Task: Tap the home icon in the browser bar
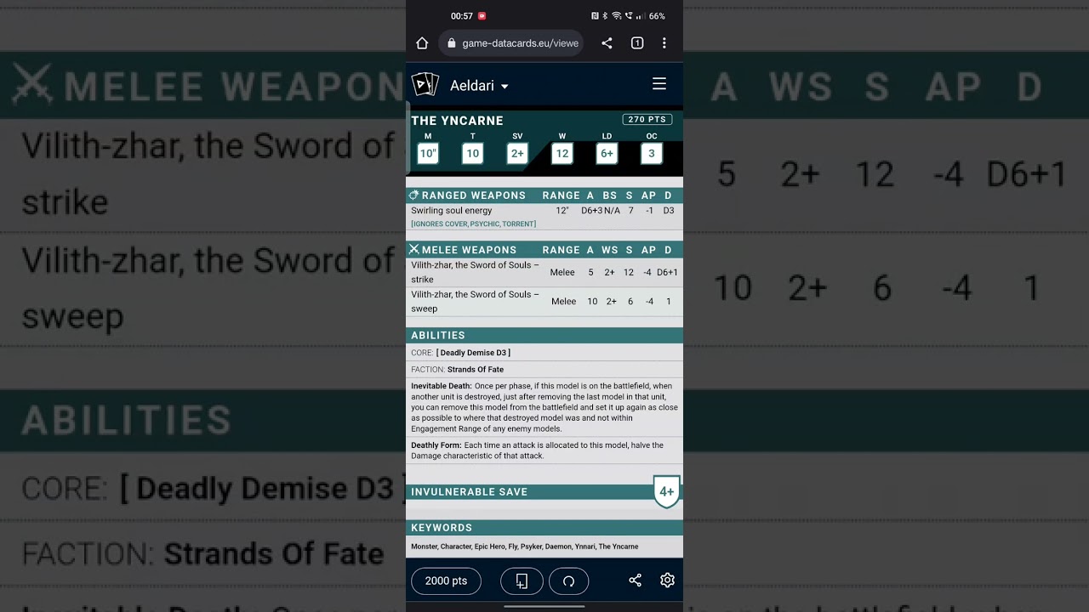[422, 43]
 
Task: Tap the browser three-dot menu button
[664, 43]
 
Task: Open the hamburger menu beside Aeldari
[659, 84]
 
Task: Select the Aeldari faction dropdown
[479, 86]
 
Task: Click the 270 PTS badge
[647, 120]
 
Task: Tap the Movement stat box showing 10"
[427, 153]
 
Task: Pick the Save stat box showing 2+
[517, 153]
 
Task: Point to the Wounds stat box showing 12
[562, 153]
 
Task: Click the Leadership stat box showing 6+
[607, 153]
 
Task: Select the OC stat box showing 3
[652, 153]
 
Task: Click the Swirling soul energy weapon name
[452, 211]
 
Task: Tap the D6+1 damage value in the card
[667, 273]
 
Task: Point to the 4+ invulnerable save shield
[666, 491]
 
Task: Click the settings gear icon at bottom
[667, 581]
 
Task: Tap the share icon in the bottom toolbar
[635, 581]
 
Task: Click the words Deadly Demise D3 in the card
[473, 353]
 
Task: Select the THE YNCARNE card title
[457, 121]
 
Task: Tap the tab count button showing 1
[636, 43]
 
